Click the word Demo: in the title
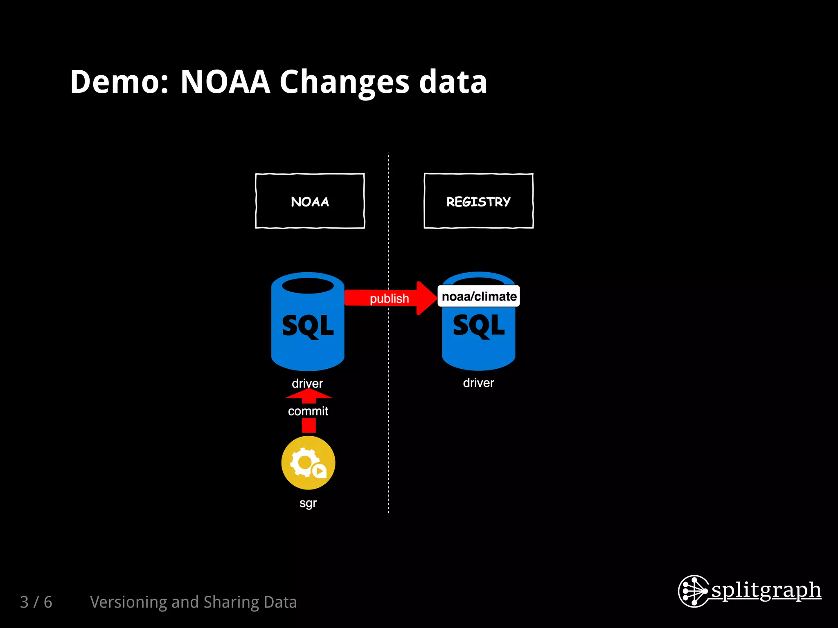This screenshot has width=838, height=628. point(119,82)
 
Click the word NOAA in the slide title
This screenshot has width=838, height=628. point(225,82)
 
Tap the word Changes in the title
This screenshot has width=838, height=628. point(344,82)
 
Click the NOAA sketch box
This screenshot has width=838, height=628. point(310,201)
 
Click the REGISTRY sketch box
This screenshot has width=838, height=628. point(478,201)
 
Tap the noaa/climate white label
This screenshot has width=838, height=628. point(479,296)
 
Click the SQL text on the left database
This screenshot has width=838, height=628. point(308,326)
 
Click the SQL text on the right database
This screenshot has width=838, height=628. point(479,326)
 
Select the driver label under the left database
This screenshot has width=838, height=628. point(307,384)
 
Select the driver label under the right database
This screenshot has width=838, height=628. point(478,383)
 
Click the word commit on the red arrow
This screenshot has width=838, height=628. point(308,411)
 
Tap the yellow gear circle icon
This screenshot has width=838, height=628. point(308,462)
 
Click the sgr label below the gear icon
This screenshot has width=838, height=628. point(308,503)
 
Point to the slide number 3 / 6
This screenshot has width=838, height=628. point(36,602)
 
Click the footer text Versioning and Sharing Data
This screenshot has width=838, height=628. point(193,602)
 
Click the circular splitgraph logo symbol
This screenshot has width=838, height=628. point(693,591)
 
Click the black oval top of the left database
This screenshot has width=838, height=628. point(308,285)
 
